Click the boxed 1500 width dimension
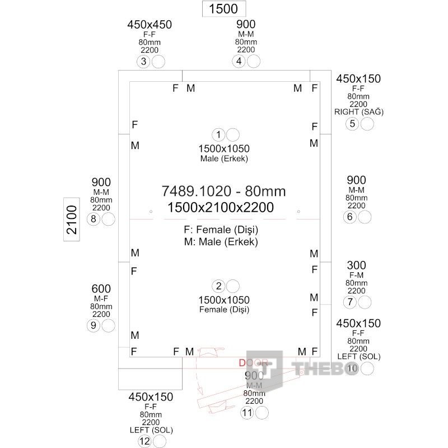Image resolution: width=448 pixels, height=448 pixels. click(223, 8)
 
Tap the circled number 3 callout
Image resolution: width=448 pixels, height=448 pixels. click(144, 62)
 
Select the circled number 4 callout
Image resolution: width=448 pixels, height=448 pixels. click(240, 62)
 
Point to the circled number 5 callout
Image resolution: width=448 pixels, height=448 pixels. click(352, 124)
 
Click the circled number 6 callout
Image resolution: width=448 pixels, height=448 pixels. click(351, 217)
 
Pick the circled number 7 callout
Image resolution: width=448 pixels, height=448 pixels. click(351, 302)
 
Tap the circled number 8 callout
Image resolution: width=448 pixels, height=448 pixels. click(94, 219)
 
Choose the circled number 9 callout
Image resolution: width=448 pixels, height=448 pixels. click(94, 326)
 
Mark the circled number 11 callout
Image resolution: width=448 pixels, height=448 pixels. click(248, 413)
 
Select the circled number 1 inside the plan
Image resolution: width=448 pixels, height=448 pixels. click(218, 134)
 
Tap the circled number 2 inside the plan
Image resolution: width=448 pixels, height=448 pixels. click(220, 286)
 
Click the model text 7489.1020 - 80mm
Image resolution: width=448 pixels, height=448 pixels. click(223, 192)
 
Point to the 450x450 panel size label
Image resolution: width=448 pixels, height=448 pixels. click(150, 25)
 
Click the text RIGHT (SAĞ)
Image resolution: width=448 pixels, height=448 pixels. click(358, 111)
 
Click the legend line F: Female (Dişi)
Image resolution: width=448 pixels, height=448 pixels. click(221, 230)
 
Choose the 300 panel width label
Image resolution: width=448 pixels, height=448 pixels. click(356, 265)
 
